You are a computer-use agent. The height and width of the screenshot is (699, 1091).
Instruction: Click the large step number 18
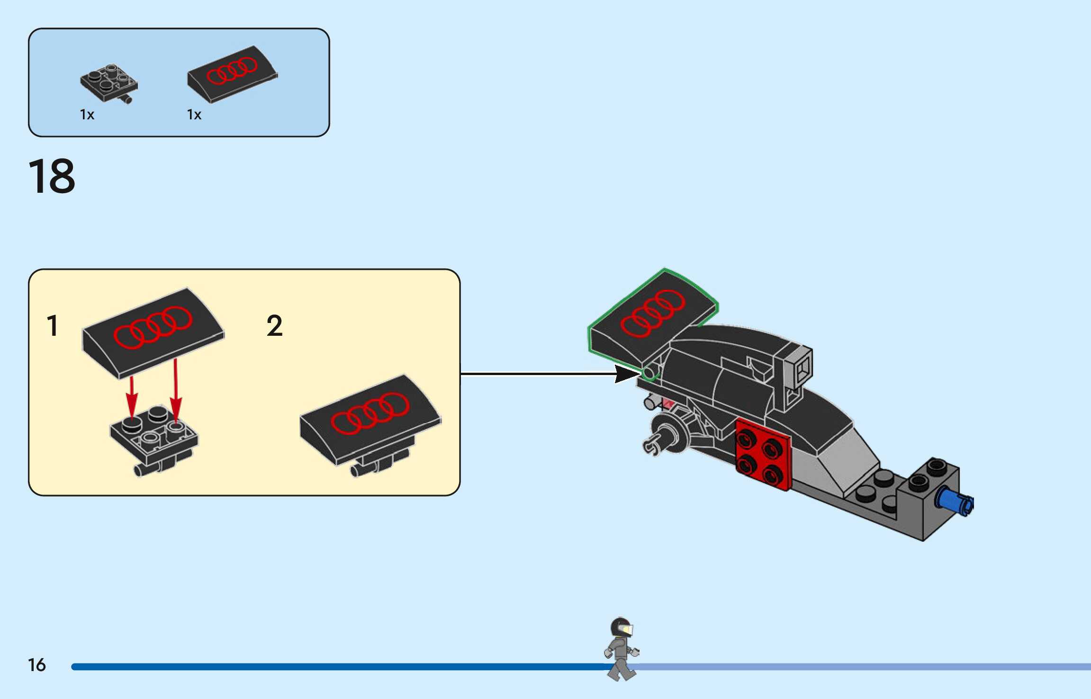click(52, 176)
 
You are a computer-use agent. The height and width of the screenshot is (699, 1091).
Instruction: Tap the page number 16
click(37, 665)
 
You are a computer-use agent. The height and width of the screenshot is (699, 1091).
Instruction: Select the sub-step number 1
click(53, 326)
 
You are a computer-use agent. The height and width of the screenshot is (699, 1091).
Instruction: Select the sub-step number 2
click(275, 326)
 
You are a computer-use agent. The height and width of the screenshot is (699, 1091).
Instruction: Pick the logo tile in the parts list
click(232, 73)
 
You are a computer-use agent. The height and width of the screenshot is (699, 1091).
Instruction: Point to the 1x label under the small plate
click(87, 115)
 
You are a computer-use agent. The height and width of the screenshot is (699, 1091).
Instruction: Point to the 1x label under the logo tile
click(194, 115)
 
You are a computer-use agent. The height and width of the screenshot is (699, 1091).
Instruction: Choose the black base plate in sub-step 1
click(154, 438)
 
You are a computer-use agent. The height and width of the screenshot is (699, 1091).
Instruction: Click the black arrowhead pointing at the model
click(626, 374)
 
